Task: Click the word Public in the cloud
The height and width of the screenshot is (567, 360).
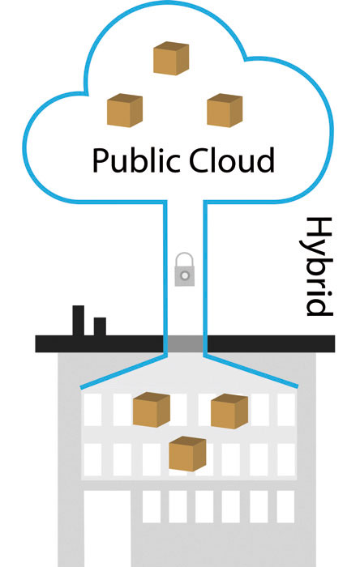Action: tap(136, 160)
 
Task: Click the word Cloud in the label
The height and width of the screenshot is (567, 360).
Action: tap(232, 160)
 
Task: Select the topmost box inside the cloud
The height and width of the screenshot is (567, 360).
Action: tap(171, 58)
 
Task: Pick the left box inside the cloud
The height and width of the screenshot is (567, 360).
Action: tap(125, 110)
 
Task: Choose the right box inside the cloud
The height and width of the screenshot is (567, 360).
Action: tap(225, 110)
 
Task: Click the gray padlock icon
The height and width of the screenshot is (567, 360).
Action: tap(185, 270)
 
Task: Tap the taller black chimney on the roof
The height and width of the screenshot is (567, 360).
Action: tap(79, 321)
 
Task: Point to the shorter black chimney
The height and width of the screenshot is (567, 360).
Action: tap(100, 326)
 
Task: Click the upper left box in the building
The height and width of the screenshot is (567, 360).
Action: tap(152, 409)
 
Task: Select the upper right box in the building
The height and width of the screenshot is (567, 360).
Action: tap(229, 411)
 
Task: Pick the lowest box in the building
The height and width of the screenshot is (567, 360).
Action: tap(187, 454)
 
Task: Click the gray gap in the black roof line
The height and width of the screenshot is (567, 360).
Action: tap(185, 343)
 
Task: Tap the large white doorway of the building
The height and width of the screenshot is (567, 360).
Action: tap(107, 528)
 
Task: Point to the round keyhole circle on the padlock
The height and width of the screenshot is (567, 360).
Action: tap(185, 276)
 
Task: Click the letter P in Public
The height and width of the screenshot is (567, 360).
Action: tap(101, 160)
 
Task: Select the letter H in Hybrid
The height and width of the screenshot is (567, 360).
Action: tap(319, 228)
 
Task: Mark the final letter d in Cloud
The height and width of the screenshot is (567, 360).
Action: tap(266, 160)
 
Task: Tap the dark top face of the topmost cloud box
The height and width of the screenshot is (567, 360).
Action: tap(171, 46)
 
